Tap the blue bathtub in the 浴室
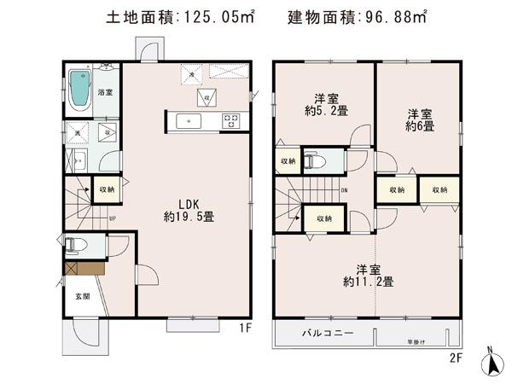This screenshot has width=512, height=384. point(79,89)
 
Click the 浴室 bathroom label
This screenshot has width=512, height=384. point(106,92)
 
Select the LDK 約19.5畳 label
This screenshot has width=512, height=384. point(189,210)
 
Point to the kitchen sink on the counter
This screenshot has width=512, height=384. point(187,121)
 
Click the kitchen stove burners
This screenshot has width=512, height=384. point(231,121)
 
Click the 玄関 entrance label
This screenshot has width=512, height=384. point(81,297)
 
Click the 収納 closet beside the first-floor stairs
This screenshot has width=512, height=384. point(107,189)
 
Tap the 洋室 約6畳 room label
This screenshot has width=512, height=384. point(418,119)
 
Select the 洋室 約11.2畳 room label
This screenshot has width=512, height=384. point(369,274)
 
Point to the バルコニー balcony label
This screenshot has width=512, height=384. point(328,334)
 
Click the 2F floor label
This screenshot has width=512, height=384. point(454,358)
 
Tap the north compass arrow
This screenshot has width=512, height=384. point(492,363)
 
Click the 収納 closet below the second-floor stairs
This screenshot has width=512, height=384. point(323,218)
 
